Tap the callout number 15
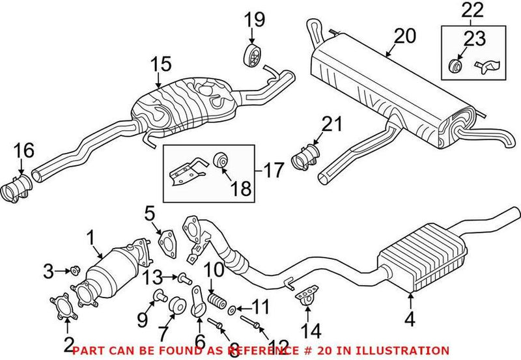click(x=161, y=64)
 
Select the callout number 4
click(x=411, y=319)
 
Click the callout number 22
click(x=473, y=10)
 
